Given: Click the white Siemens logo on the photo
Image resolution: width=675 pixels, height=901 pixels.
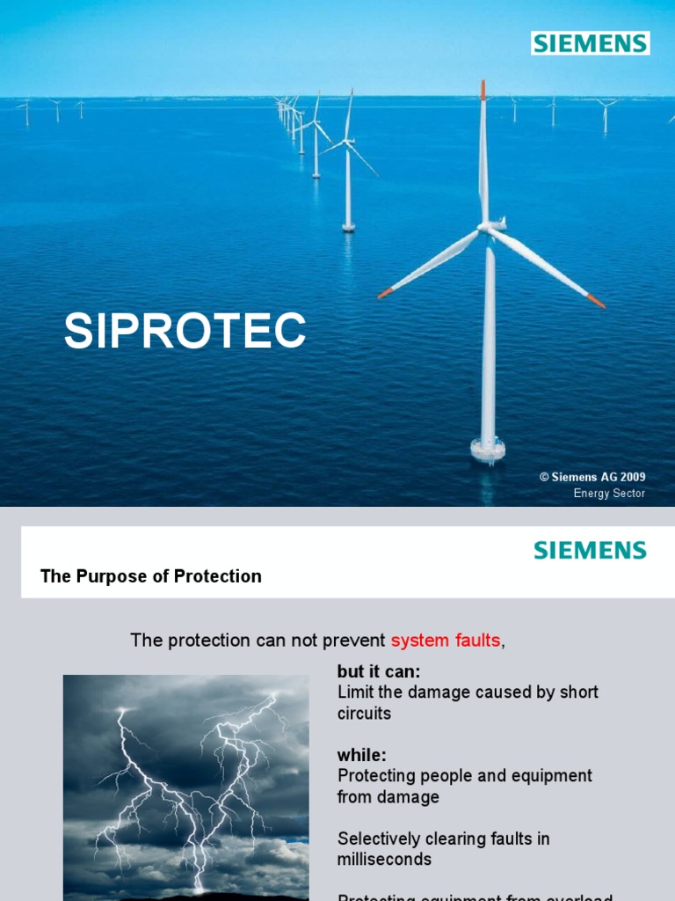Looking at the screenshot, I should point(590,42).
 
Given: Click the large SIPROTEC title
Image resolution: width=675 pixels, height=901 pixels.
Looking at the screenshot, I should point(185,332).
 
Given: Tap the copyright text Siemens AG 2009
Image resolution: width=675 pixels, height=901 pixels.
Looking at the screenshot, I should point(592,477).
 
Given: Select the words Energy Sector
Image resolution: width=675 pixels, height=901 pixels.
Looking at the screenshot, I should point(609,494).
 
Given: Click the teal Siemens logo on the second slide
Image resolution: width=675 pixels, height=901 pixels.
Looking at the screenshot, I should point(590,551).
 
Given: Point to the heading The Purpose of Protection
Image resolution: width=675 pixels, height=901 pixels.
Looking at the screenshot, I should point(151,576).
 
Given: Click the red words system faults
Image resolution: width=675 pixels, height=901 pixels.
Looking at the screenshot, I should point(446,641).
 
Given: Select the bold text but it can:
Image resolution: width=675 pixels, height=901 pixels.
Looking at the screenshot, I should point(379,672).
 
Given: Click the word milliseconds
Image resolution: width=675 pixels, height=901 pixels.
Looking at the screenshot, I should point(384,859).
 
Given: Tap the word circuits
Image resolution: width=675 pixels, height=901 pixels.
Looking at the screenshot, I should point(364,713).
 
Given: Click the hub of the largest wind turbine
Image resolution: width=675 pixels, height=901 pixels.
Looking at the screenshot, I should point(486,227).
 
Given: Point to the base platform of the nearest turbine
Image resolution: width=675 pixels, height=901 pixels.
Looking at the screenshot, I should point(488,450).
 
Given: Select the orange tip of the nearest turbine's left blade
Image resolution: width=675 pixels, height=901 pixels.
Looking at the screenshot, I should point(384,293).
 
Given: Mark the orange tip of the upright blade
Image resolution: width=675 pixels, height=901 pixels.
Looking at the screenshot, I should point(483,88).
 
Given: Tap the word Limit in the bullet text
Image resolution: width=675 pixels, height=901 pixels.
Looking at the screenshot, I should point(353,692).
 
